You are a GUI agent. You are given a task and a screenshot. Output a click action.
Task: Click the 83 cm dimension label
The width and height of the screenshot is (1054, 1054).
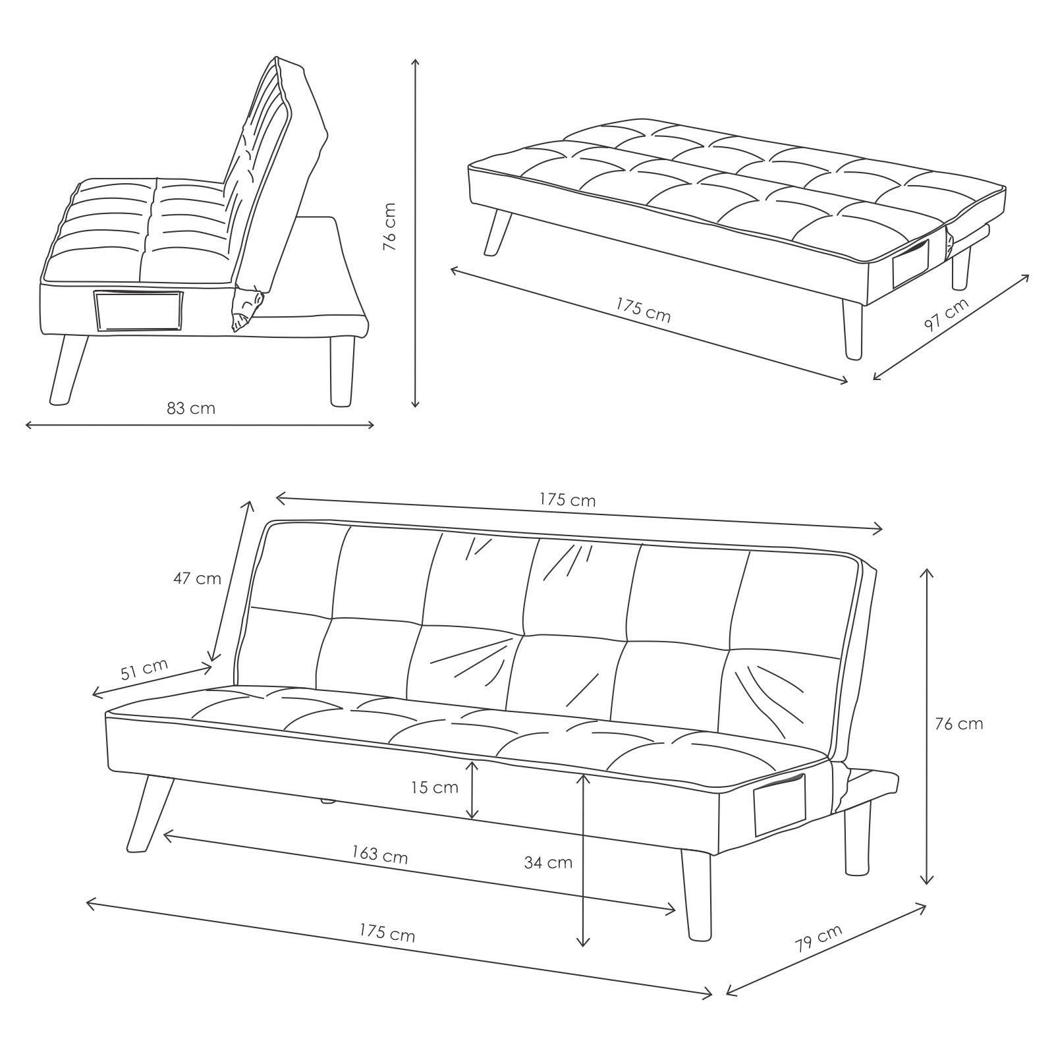(191, 408)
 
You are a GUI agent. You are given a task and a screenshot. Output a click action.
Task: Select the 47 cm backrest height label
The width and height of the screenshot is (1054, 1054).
(197, 578)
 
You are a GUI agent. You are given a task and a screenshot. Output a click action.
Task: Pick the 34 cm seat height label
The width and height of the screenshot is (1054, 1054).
(548, 862)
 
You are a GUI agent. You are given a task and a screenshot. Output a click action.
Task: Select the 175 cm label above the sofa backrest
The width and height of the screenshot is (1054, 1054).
(568, 501)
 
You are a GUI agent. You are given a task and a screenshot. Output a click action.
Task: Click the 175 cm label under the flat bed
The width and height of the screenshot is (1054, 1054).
(643, 310)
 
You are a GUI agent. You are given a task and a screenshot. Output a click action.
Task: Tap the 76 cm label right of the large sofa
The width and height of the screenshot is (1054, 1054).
(958, 723)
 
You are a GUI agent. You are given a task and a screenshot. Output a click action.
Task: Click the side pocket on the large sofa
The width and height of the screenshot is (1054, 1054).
(780, 806)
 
